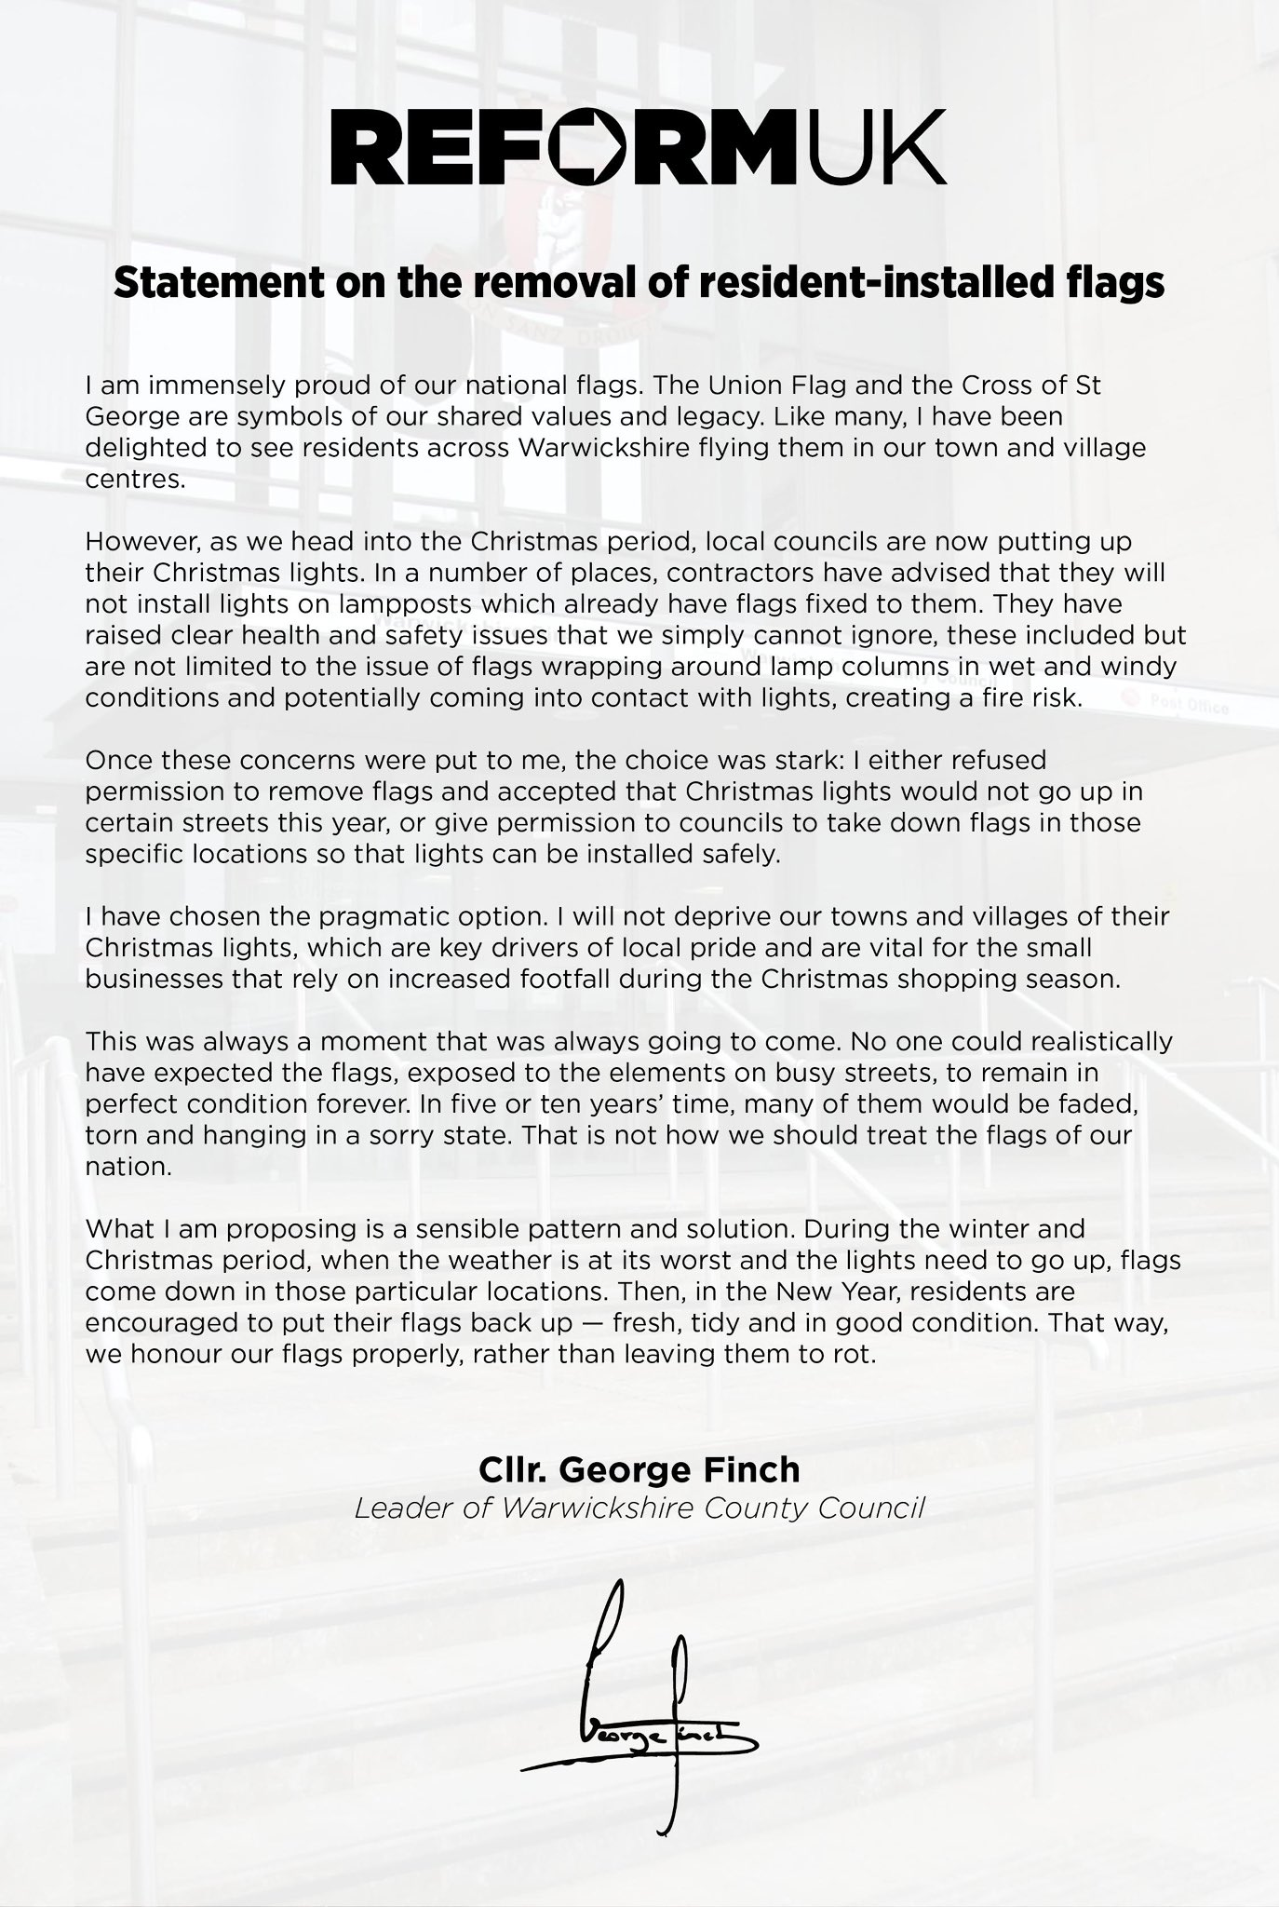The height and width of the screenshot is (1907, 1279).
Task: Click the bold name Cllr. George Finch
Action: [639, 1469]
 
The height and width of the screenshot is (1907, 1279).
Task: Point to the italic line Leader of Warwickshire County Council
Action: [639, 1508]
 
